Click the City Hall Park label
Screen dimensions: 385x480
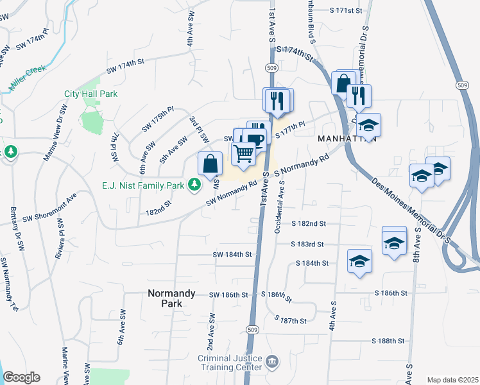click(x=91, y=94)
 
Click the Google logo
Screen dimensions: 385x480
click(x=21, y=377)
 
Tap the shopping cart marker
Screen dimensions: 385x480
click(x=243, y=154)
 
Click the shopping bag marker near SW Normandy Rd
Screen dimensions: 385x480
click(x=210, y=164)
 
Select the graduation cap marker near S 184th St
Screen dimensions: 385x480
click(x=360, y=261)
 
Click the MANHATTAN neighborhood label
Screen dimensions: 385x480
click(x=345, y=139)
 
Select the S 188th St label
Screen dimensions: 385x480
click(x=388, y=341)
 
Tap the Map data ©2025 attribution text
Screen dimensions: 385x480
click(x=452, y=380)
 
